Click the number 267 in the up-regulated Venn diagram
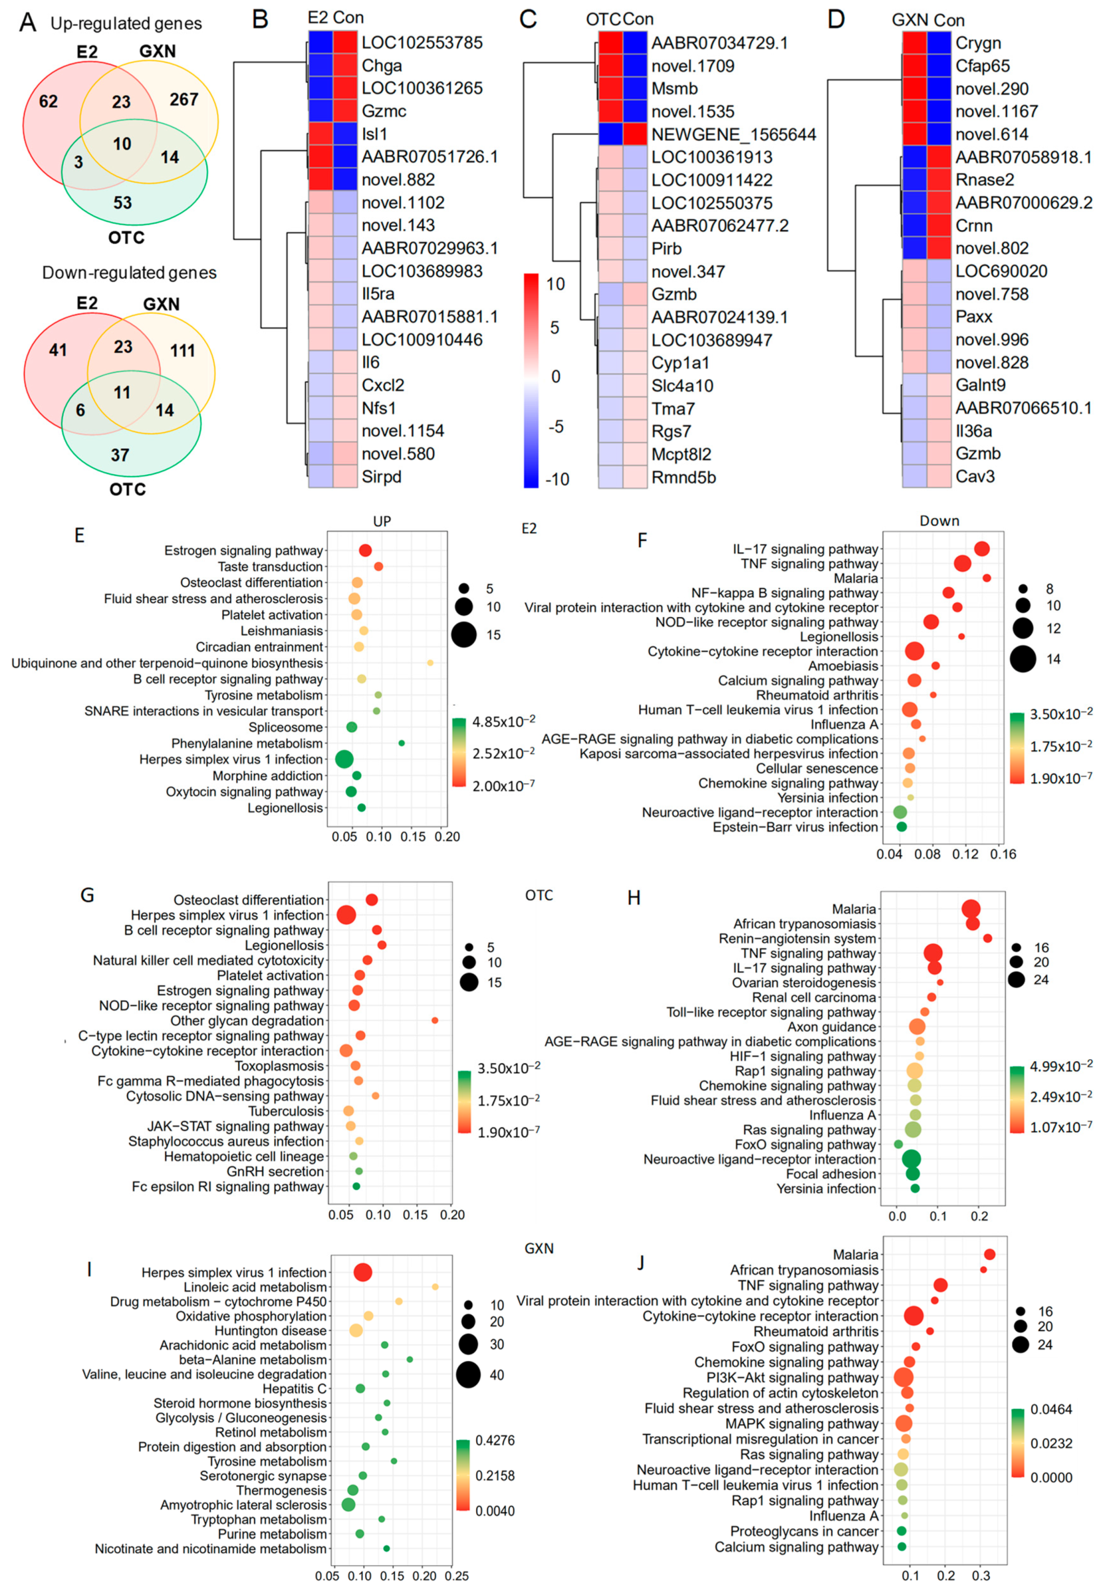[x=184, y=100]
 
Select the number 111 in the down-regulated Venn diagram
[x=183, y=351]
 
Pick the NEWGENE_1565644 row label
[x=733, y=134]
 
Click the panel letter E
[x=79, y=536]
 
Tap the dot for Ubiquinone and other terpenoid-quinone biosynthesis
[x=430, y=663]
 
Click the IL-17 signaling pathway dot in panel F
[x=982, y=549]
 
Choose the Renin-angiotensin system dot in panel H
[x=987, y=938]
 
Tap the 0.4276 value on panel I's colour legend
[x=495, y=1440]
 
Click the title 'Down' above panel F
[x=939, y=521]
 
